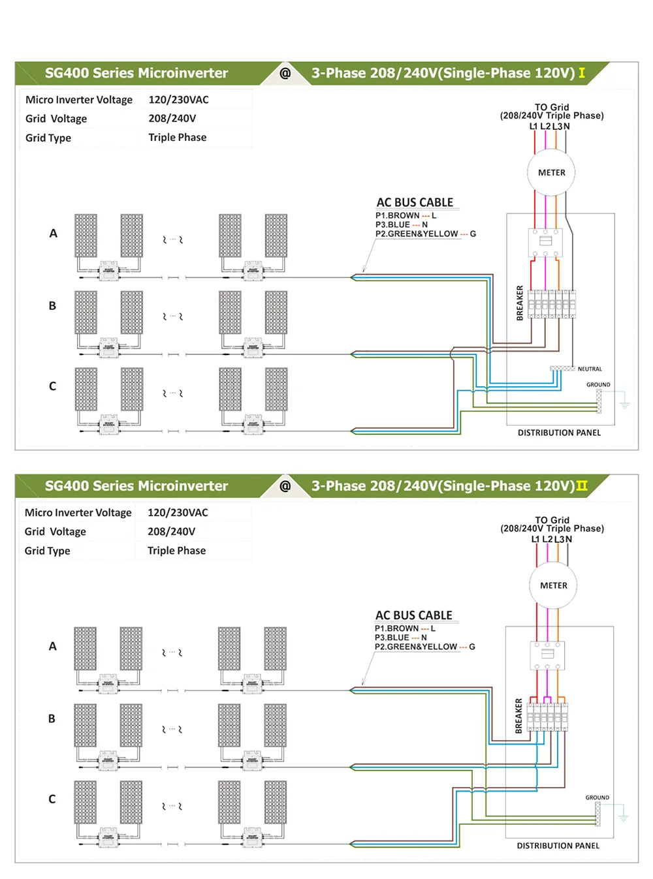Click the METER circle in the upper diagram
[x=552, y=173]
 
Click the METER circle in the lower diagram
[x=554, y=586]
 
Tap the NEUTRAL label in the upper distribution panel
[x=590, y=369]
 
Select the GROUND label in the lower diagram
[x=597, y=797]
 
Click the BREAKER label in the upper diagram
[x=520, y=303]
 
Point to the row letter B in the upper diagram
[x=52, y=306]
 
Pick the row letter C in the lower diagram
[x=52, y=799]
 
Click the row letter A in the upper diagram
[x=54, y=234]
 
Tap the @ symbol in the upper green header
[x=285, y=73]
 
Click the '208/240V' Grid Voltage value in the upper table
[x=172, y=119]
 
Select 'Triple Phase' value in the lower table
[x=176, y=551]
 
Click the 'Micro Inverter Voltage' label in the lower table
[x=78, y=513]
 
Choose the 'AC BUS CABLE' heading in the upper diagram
[x=415, y=202]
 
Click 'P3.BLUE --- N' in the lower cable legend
[x=400, y=638]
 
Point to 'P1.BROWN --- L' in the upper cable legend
[x=406, y=215]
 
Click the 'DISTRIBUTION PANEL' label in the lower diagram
[x=558, y=846]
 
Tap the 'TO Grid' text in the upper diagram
[x=552, y=107]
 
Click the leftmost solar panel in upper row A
[x=86, y=236]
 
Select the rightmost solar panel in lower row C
[x=276, y=802]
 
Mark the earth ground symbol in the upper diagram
[x=625, y=404]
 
